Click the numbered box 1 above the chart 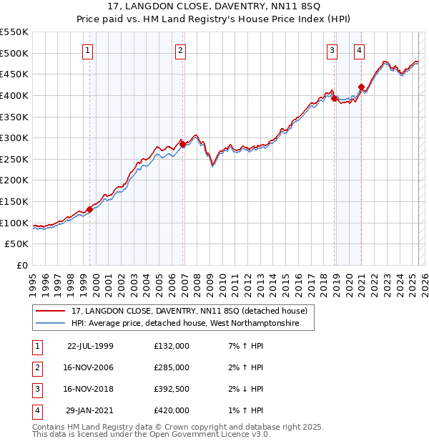click(x=87, y=50)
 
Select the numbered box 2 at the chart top click(x=180, y=50)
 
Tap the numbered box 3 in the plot click(x=332, y=50)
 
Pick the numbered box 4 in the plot click(x=359, y=50)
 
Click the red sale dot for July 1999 click(x=90, y=209)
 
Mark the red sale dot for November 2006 click(x=183, y=145)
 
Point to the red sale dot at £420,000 click(x=362, y=87)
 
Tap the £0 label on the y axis click(x=21, y=265)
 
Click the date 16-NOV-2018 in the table click(x=90, y=389)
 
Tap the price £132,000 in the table click(x=172, y=346)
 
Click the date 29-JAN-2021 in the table click(x=90, y=410)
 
